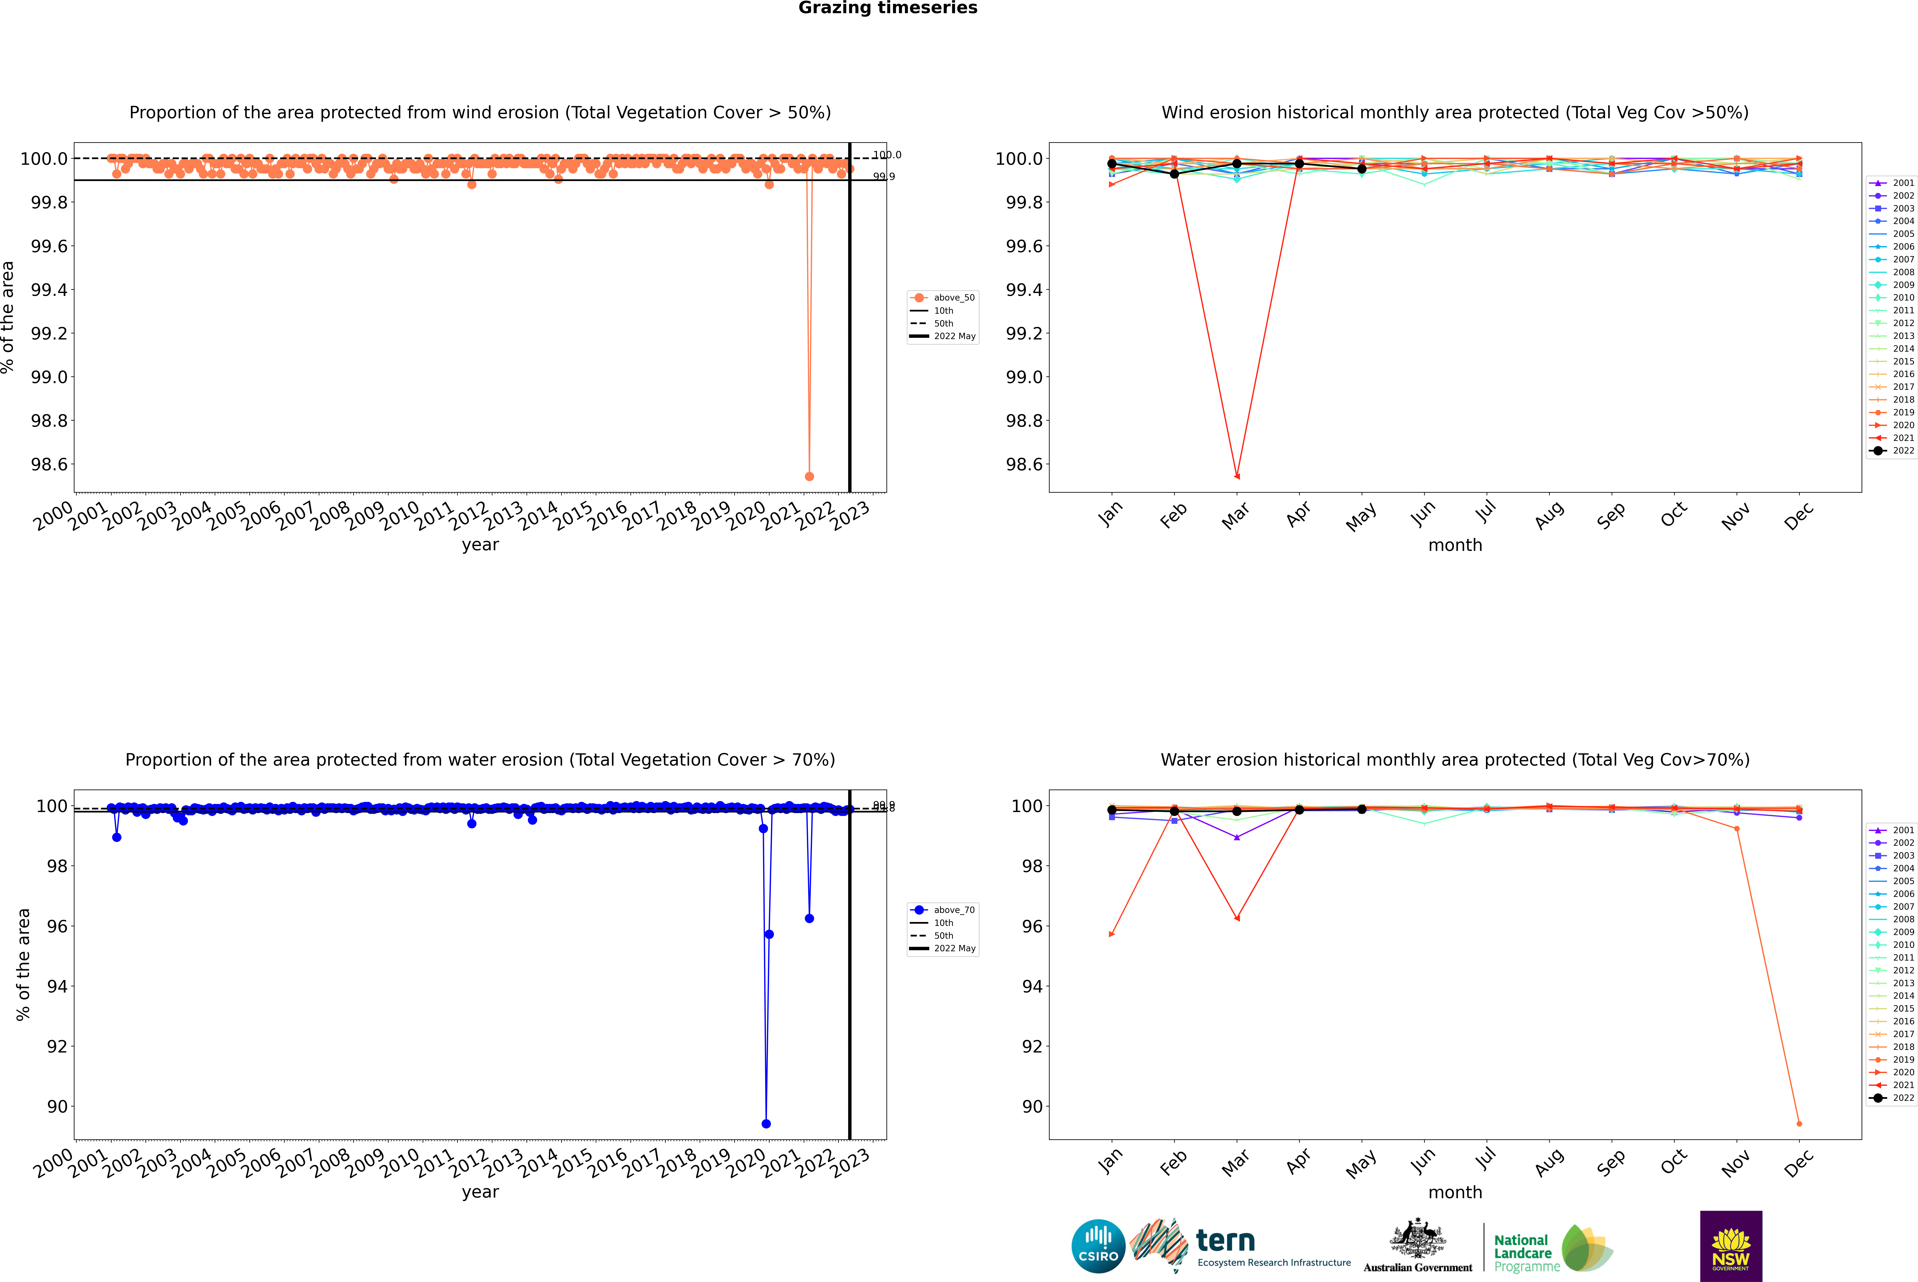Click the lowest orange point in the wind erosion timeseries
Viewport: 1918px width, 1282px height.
pyautogui.click(x=809, y=476)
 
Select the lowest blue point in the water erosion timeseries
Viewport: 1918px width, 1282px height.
pyautogui.click(x=766, y=1123)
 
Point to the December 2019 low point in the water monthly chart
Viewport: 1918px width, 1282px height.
pyautogui.click(x=1799, y=1123)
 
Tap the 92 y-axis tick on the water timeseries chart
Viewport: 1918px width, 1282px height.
pyautogui.click(x=57, y=1047)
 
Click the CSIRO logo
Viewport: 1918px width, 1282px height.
pyautogui.click(x=1098, y=1246)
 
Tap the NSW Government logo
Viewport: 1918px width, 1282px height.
pyautogui.click(x=1731, y=1246)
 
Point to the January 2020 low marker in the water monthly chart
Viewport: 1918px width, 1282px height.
pyautogui.click(x=1112, y=934)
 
